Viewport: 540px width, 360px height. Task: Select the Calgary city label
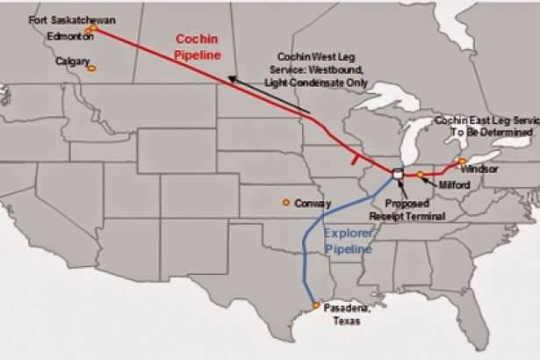click(73, 62)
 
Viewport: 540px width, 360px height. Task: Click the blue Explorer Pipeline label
click(349, 241)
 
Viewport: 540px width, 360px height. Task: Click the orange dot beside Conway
click(286, 203)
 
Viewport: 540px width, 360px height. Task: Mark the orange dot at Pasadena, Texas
click(316, 306)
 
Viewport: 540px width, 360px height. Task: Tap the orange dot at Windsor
click(462, 162)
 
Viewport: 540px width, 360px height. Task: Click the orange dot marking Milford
click(421, 175)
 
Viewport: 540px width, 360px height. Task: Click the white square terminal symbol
click(398, 174)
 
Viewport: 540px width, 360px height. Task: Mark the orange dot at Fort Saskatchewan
click(90, 28)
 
